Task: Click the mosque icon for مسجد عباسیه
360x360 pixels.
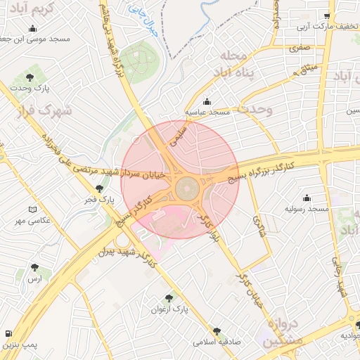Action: click(x=206, y=101)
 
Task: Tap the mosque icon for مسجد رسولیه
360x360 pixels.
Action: click(x=307, y=199)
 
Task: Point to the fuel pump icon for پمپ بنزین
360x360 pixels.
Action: click(x=7, y=333)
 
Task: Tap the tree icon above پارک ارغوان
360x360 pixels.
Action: click(x=169, y=298)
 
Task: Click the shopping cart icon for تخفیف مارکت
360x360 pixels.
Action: click(x=327, y=15)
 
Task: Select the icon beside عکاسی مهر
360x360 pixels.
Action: click(x=32, y=210)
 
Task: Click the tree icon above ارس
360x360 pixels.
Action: click(x=34, y=267)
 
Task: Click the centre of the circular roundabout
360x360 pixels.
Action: click(x=187, y=188)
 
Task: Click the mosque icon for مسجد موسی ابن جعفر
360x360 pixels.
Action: click(x=32, y=29)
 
